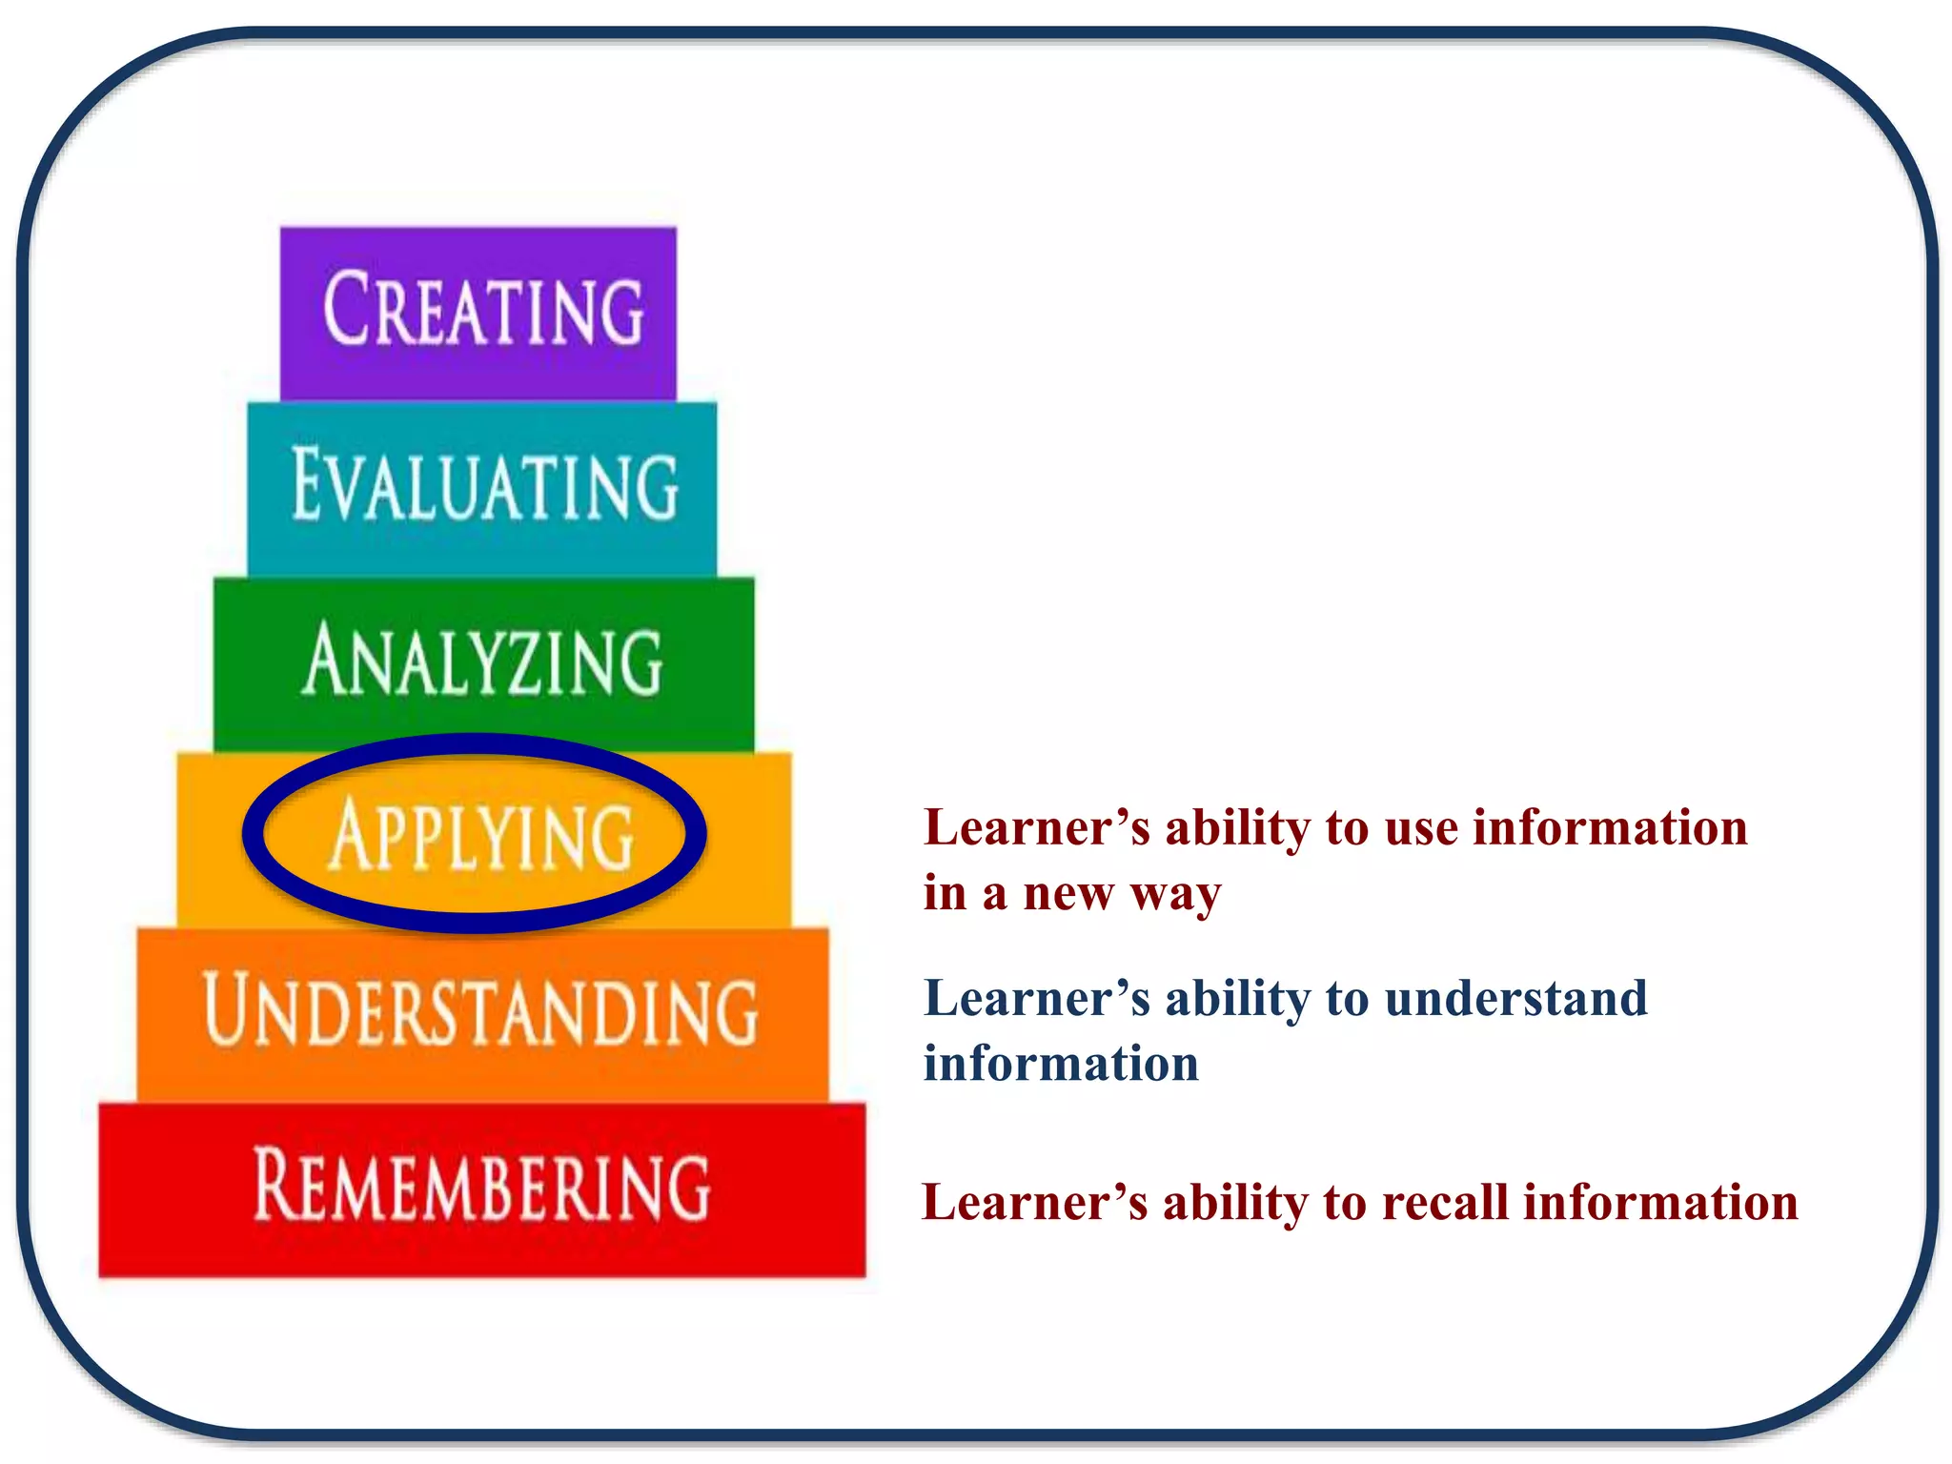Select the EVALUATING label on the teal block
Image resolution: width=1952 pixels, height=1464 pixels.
point(485,486)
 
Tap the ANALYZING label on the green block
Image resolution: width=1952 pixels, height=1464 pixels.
point(483,661)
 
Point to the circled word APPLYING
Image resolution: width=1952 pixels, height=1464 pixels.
point(481,836)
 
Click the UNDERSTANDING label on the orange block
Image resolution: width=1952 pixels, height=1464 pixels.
point(481,1010)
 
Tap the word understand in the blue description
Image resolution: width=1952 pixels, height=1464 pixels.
point(1515,1000)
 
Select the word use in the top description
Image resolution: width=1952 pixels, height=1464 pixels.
point(1421,828)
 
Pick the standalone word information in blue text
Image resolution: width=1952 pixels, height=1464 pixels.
point(1061,1064)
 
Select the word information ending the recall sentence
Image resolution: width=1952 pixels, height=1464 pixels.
point(1660,1202)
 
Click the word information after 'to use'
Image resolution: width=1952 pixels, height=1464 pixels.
point(1610,827)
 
